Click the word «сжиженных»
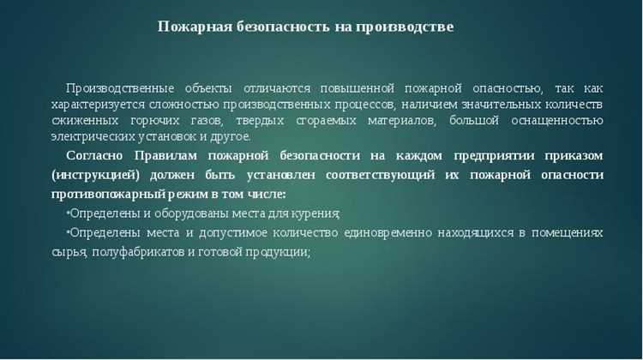81,121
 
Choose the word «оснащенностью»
557,121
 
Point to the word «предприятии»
483,155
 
